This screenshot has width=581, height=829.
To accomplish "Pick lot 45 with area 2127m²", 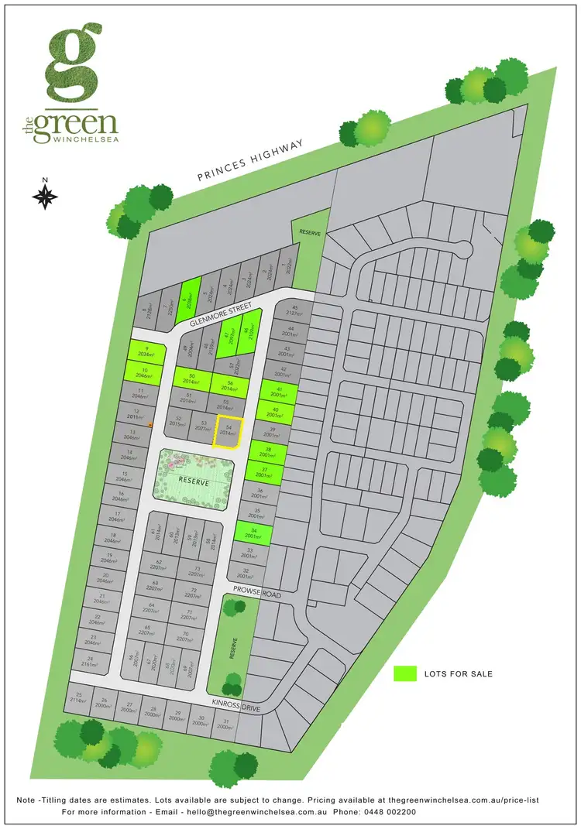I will [293, 309].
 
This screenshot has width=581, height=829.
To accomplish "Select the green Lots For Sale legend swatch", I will [404, 673].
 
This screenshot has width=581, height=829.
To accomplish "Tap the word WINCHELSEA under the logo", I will [85, 139].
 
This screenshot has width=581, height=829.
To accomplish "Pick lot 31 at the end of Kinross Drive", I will [225, 725].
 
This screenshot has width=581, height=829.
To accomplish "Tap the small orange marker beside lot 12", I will [150, 424].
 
